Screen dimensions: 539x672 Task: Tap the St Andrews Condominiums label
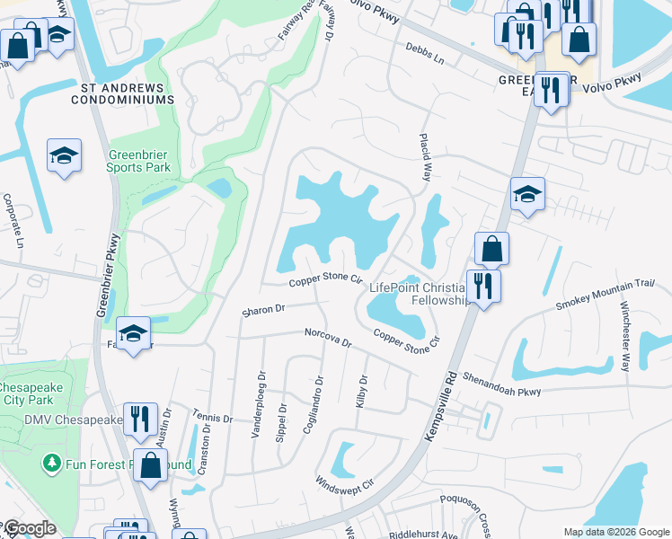(127, 93)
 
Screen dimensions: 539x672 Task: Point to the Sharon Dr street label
(262, 311)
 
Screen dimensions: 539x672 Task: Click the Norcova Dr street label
(327, 340)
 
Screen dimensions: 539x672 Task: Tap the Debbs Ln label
(425, 54)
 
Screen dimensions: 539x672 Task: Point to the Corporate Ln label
(13, 220)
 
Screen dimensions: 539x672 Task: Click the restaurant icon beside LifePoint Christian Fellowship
(484, 287)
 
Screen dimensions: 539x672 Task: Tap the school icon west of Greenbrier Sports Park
(64, 157)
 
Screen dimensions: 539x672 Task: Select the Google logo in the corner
(29, 528)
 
